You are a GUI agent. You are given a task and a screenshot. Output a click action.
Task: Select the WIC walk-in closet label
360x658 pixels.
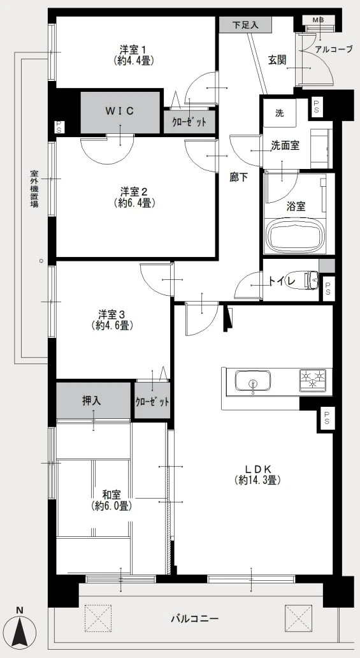coord(119,111)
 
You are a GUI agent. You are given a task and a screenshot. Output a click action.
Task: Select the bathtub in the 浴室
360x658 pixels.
coord(296,235)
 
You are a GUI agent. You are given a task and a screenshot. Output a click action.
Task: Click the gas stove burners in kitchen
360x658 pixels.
coord(312,379)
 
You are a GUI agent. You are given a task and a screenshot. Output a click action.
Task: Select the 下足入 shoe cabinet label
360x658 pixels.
coord(245,25)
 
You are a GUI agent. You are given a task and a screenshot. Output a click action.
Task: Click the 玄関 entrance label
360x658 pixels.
coord(277,60)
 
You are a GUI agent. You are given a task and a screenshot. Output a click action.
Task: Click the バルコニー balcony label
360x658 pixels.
coord(194,618)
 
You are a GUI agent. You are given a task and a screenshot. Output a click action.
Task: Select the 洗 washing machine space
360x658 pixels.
coord(280,113)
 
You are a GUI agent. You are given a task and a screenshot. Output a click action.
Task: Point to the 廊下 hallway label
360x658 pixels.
coord(238,178)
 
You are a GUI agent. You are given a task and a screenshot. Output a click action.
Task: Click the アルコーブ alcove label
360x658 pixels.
coord(334,49)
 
